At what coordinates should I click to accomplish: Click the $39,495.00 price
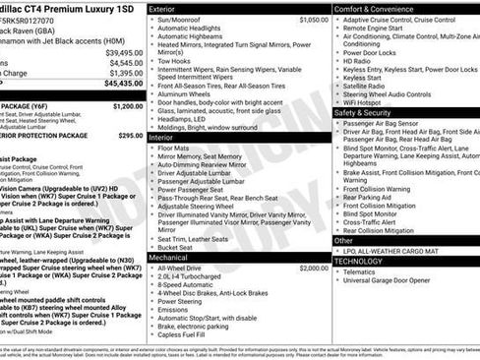pyautogui.click(x=124, y=52)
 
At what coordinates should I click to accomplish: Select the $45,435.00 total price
pyautogui.click(x=124, y=84)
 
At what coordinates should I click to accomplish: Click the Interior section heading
pyautogui.click(x=162, y=138)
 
